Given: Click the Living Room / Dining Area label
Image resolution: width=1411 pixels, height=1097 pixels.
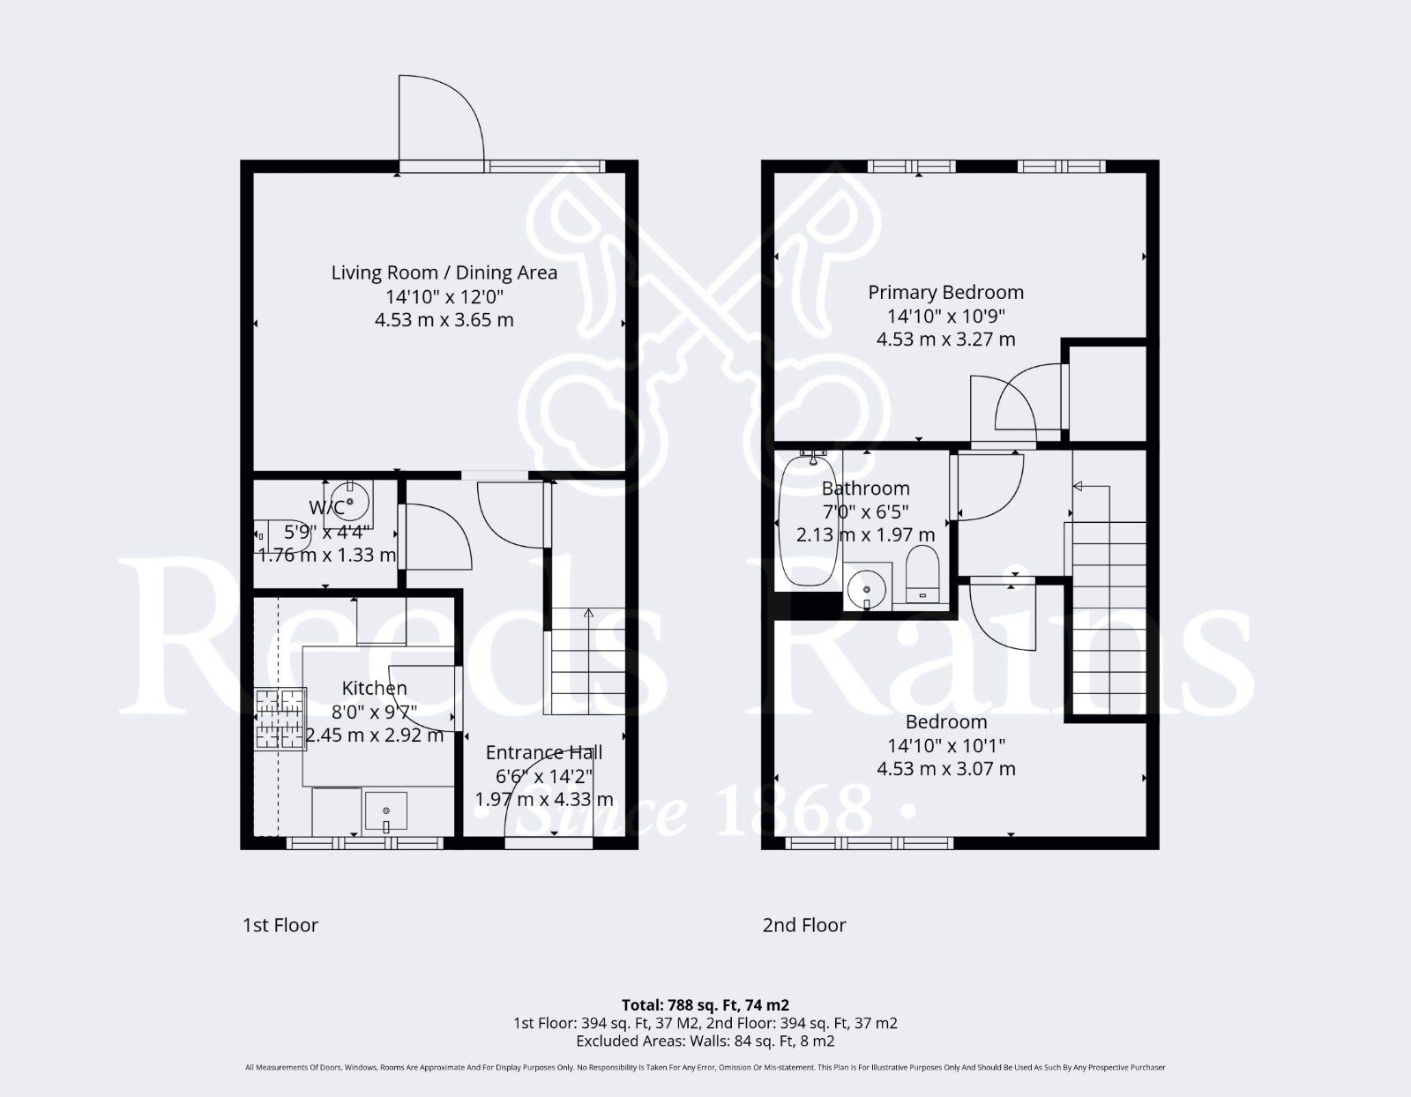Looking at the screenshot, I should click(444, 272).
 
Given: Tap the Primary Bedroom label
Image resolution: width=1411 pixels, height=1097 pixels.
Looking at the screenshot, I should click(945, 293).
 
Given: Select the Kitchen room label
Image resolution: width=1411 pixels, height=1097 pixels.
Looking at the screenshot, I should click(374, 689).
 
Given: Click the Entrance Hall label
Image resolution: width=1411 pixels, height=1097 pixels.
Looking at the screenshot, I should click(544, 752).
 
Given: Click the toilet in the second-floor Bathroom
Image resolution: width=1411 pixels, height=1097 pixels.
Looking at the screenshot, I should click(922, 576).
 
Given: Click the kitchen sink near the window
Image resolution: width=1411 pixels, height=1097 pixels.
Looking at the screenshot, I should click(386, 810).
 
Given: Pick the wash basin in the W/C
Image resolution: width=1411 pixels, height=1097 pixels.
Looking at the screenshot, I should click(350, 503).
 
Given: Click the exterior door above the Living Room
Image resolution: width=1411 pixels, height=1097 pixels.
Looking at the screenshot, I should click(441, 123).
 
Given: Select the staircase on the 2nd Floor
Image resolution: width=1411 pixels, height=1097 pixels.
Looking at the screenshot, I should click(1109, 617).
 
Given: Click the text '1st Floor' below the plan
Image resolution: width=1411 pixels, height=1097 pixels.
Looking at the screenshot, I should click(280, 925).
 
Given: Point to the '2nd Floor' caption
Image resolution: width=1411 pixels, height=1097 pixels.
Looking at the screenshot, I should click(804, 925).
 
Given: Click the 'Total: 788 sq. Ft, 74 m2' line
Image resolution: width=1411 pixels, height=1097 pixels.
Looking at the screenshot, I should click(705, 1004).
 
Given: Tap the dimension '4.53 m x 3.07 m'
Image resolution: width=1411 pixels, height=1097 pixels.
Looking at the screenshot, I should click(945, 769).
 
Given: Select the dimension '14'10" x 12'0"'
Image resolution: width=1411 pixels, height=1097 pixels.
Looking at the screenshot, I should click(444, 296).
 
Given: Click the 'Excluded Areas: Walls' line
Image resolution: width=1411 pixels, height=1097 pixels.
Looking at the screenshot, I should click(705, 1041).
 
